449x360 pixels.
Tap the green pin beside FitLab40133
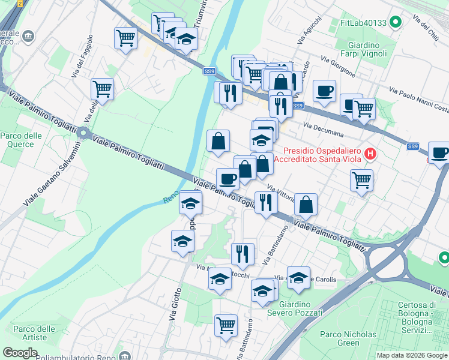point(395,23)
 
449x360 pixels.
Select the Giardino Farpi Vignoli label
point(364,50)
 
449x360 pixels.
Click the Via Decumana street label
point(324,130)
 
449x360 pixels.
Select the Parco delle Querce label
point(21,140)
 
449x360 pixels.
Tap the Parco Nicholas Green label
point(348,338)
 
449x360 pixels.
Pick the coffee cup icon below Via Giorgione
point(324,91)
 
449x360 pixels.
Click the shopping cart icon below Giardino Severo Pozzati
point(226,325)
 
